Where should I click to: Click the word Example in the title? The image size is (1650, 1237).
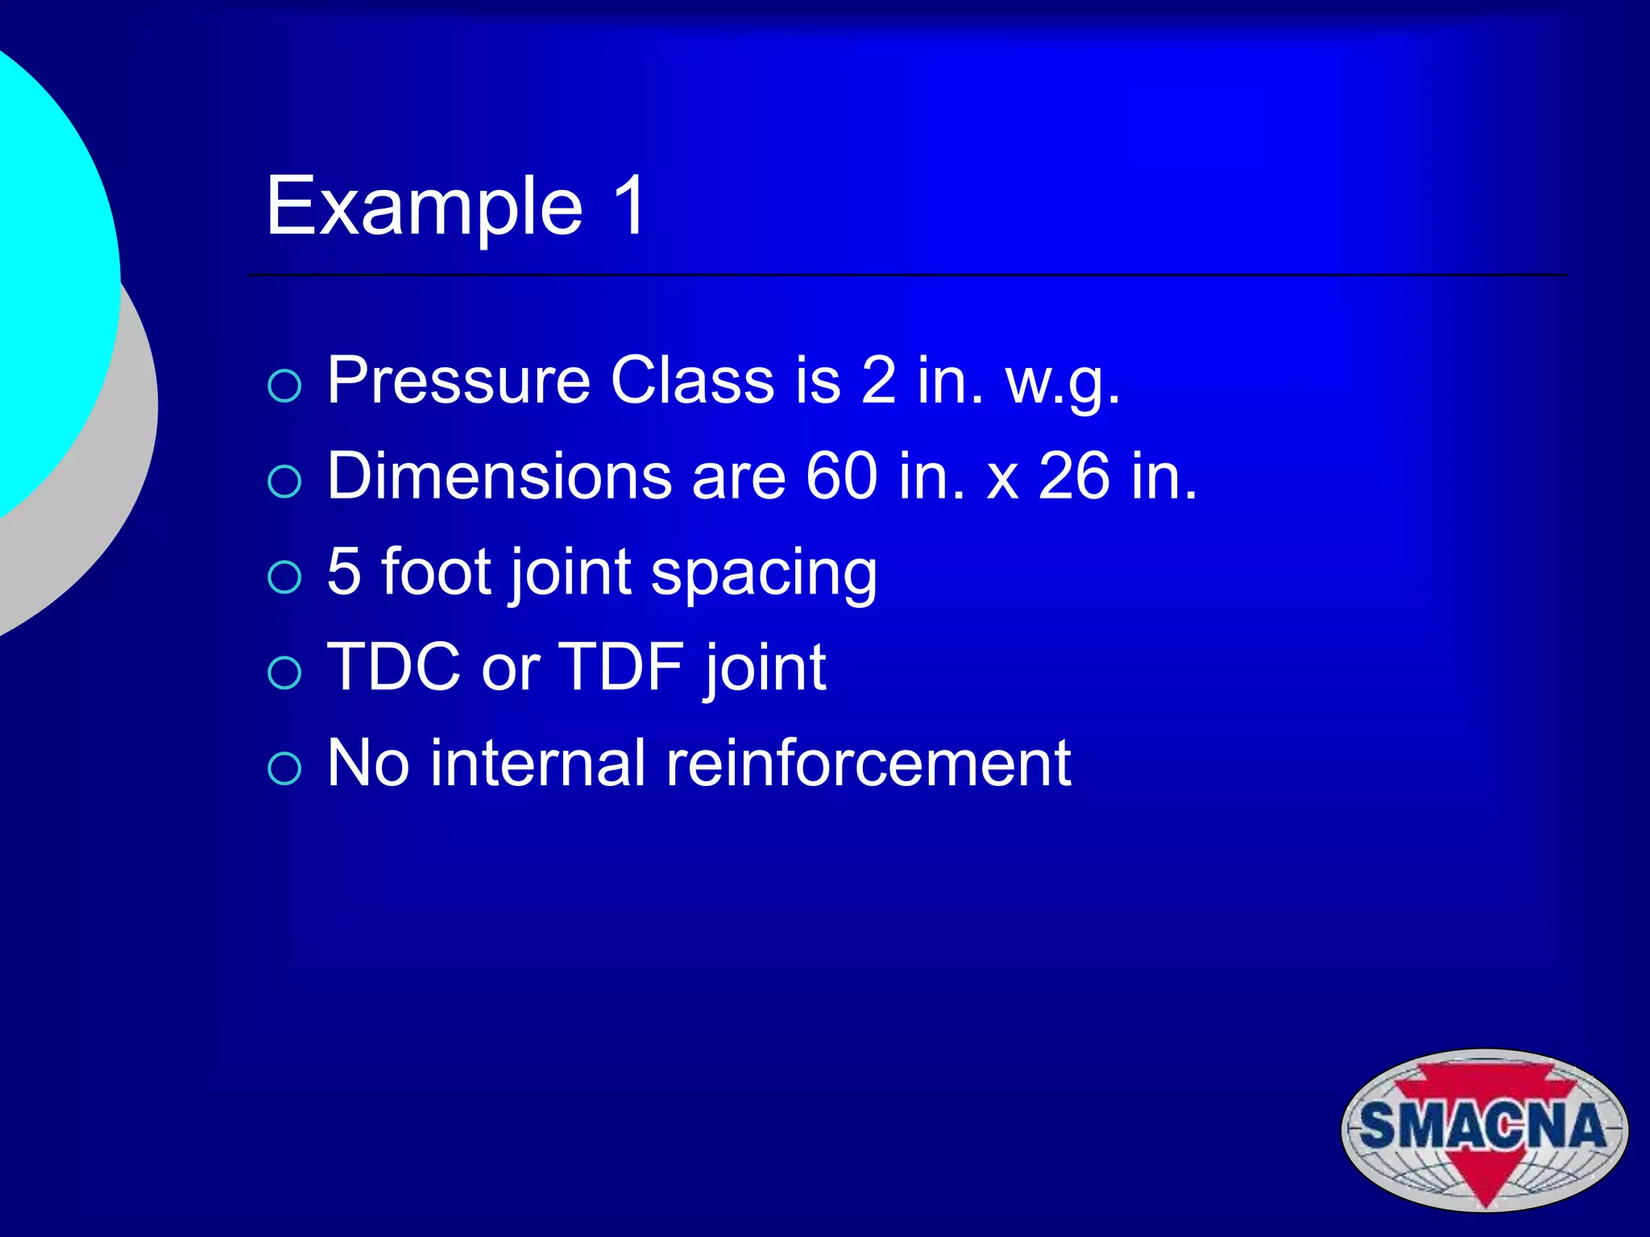pyautogui.click(x=424, y=208)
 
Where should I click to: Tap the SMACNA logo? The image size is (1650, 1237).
pyautogui.click(x=1484, y=1129)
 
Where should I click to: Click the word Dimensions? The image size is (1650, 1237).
pyautogui.click(x=499, y=476)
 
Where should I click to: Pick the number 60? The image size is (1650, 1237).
pyautogui.click(x=841, y=476)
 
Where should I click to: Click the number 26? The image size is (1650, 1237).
pyautogui.click(x=1074, y=476)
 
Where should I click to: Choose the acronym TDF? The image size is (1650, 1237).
pyautogui.click(x=620, y=668)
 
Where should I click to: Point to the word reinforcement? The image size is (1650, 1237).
pyautogui.click(x=868, y=763)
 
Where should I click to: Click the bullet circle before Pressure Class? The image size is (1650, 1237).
pyautogui.click(x=284, y=386)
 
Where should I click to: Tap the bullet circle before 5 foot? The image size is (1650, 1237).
pyautogui.click(x=284, y=577)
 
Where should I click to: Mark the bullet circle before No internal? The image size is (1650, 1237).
pyautogui.click(x=284, y=768)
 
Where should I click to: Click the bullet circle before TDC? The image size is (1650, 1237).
pyautogui.click(x=284, y=672)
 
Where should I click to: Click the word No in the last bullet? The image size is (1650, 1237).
pyautogui.click(x=368, y=763)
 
